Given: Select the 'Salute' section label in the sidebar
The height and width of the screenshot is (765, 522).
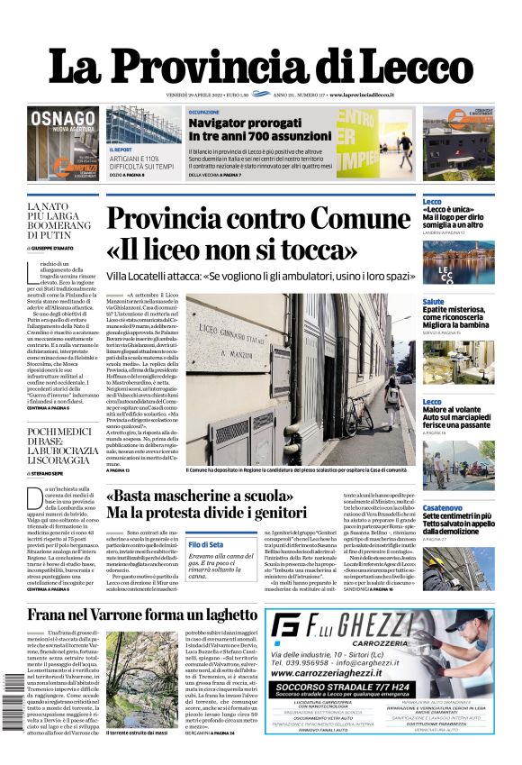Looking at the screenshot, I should coord(433,302).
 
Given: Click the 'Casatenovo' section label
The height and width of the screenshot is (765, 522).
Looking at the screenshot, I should coord(444,509).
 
